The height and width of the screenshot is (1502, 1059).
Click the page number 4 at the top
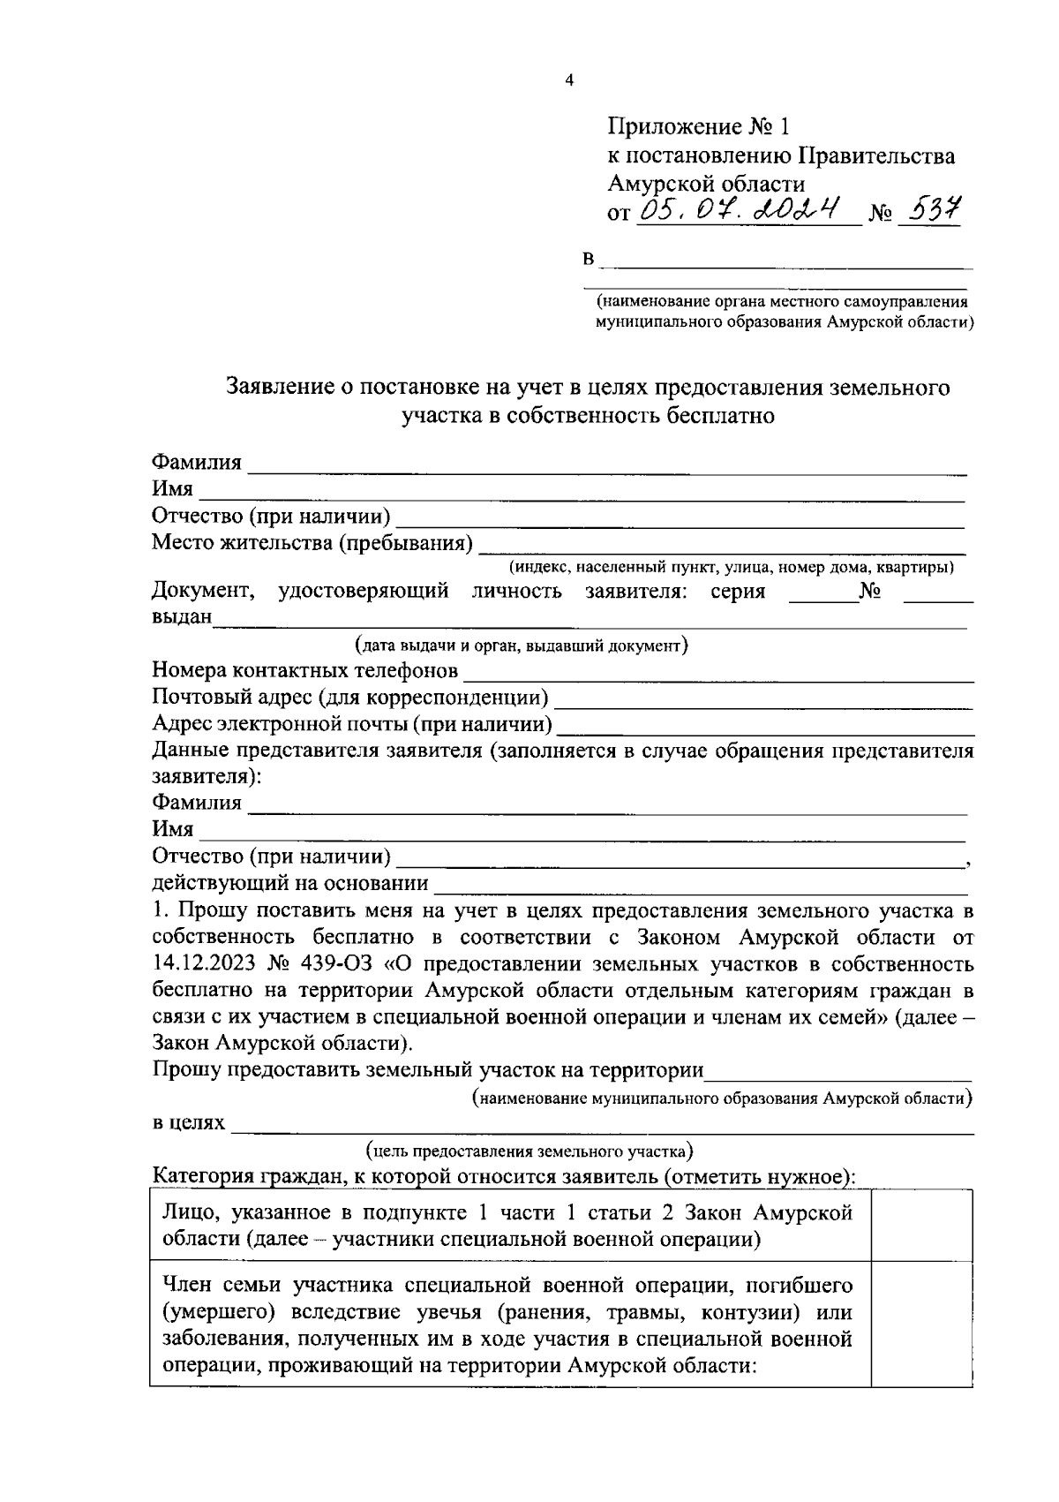coord(569,80)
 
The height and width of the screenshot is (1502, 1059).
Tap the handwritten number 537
coord(928,209)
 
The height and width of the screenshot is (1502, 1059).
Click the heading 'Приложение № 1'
coord(696,127)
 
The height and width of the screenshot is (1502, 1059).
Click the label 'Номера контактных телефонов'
coord(305,671)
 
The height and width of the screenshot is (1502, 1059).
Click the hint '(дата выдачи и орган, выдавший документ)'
coord(521,645)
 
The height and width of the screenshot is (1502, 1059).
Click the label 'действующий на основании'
coord(290,883)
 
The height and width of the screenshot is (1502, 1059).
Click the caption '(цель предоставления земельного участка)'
coord(529,1151)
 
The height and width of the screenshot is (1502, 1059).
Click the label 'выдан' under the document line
coord(182,616)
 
